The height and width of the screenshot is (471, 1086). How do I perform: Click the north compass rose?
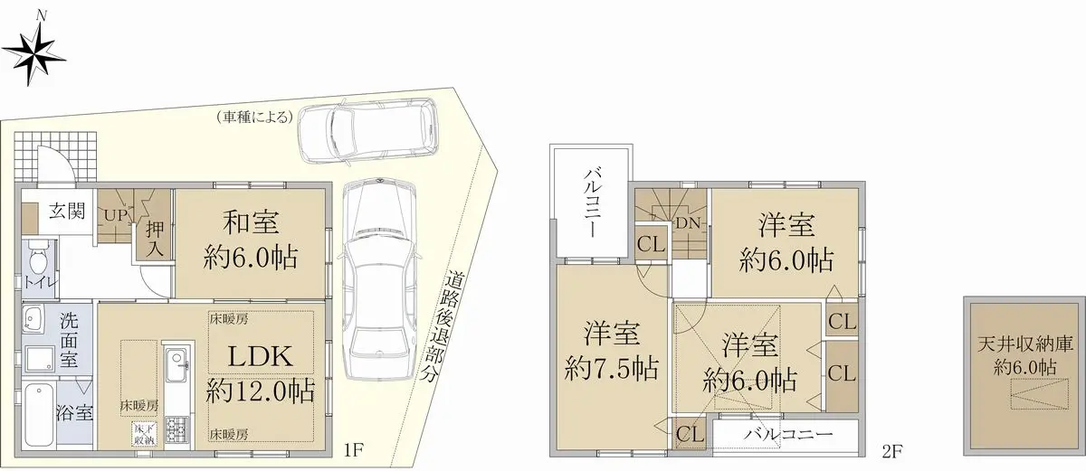coord(33,53)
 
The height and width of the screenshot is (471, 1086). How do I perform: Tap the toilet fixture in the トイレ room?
coord(38,258)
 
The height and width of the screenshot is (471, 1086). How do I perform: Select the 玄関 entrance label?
coord(67,211)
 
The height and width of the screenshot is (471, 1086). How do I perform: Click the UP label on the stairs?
coord(116,215)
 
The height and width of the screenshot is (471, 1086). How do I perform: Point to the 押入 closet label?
coord(155,240)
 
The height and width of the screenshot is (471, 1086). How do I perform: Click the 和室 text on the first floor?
coord(251,223)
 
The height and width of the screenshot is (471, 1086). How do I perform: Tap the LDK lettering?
coord(261,357)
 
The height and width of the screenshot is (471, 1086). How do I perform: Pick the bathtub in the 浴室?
coord(37,415)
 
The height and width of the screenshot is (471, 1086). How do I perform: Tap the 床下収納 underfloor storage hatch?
coord(144,434)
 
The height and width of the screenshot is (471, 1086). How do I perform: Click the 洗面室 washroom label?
coord(69,340)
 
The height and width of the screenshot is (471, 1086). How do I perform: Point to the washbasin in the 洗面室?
coord(33,318)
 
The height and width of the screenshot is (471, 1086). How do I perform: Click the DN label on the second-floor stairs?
coord(689,223)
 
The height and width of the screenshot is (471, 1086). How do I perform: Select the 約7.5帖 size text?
coord(613,369)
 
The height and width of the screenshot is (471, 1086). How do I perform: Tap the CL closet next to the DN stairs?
coord(651,244)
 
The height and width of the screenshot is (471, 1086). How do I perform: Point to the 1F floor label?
coord(354,451)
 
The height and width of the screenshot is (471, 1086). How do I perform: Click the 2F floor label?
coord(891,452)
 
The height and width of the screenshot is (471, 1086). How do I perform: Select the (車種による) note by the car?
coord(255,118)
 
